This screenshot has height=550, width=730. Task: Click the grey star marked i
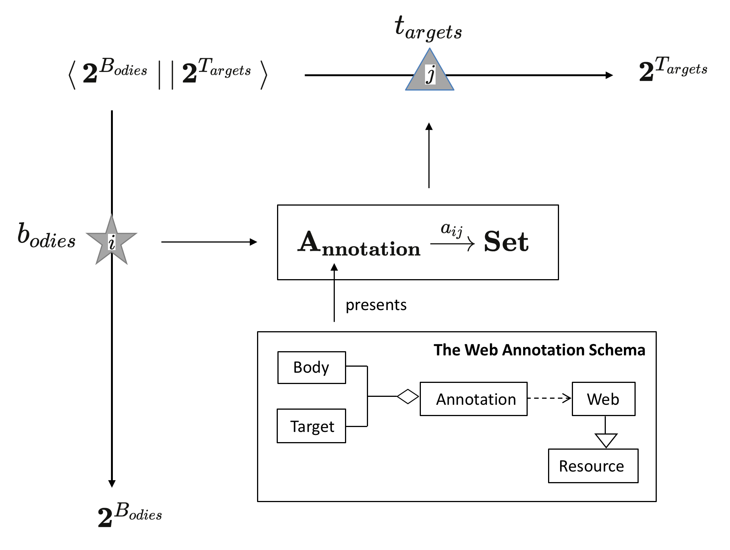pos(112,241)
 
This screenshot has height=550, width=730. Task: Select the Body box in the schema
pos(311,368)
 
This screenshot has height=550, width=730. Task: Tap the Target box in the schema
pos(311,426)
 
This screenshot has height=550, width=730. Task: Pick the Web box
pos(603,399)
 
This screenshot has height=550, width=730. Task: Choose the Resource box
pos(593,466)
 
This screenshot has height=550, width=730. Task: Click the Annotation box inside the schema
pos(473,399)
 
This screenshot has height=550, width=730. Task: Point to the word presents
pos(376,305)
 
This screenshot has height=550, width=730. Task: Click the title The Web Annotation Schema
pos(539,350)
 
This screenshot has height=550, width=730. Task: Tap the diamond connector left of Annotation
pos(408,396)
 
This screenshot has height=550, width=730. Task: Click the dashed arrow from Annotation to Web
pos(549,398)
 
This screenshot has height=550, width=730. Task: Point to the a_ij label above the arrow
pos(451,229)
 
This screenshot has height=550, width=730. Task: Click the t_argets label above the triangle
pos(428,28)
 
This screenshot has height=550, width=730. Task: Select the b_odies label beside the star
pos(46,236)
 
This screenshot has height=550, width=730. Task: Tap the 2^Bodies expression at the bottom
pos(129,515)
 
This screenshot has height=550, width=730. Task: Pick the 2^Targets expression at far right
pos(673,69)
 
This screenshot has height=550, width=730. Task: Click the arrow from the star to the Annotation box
pos(209,242)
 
